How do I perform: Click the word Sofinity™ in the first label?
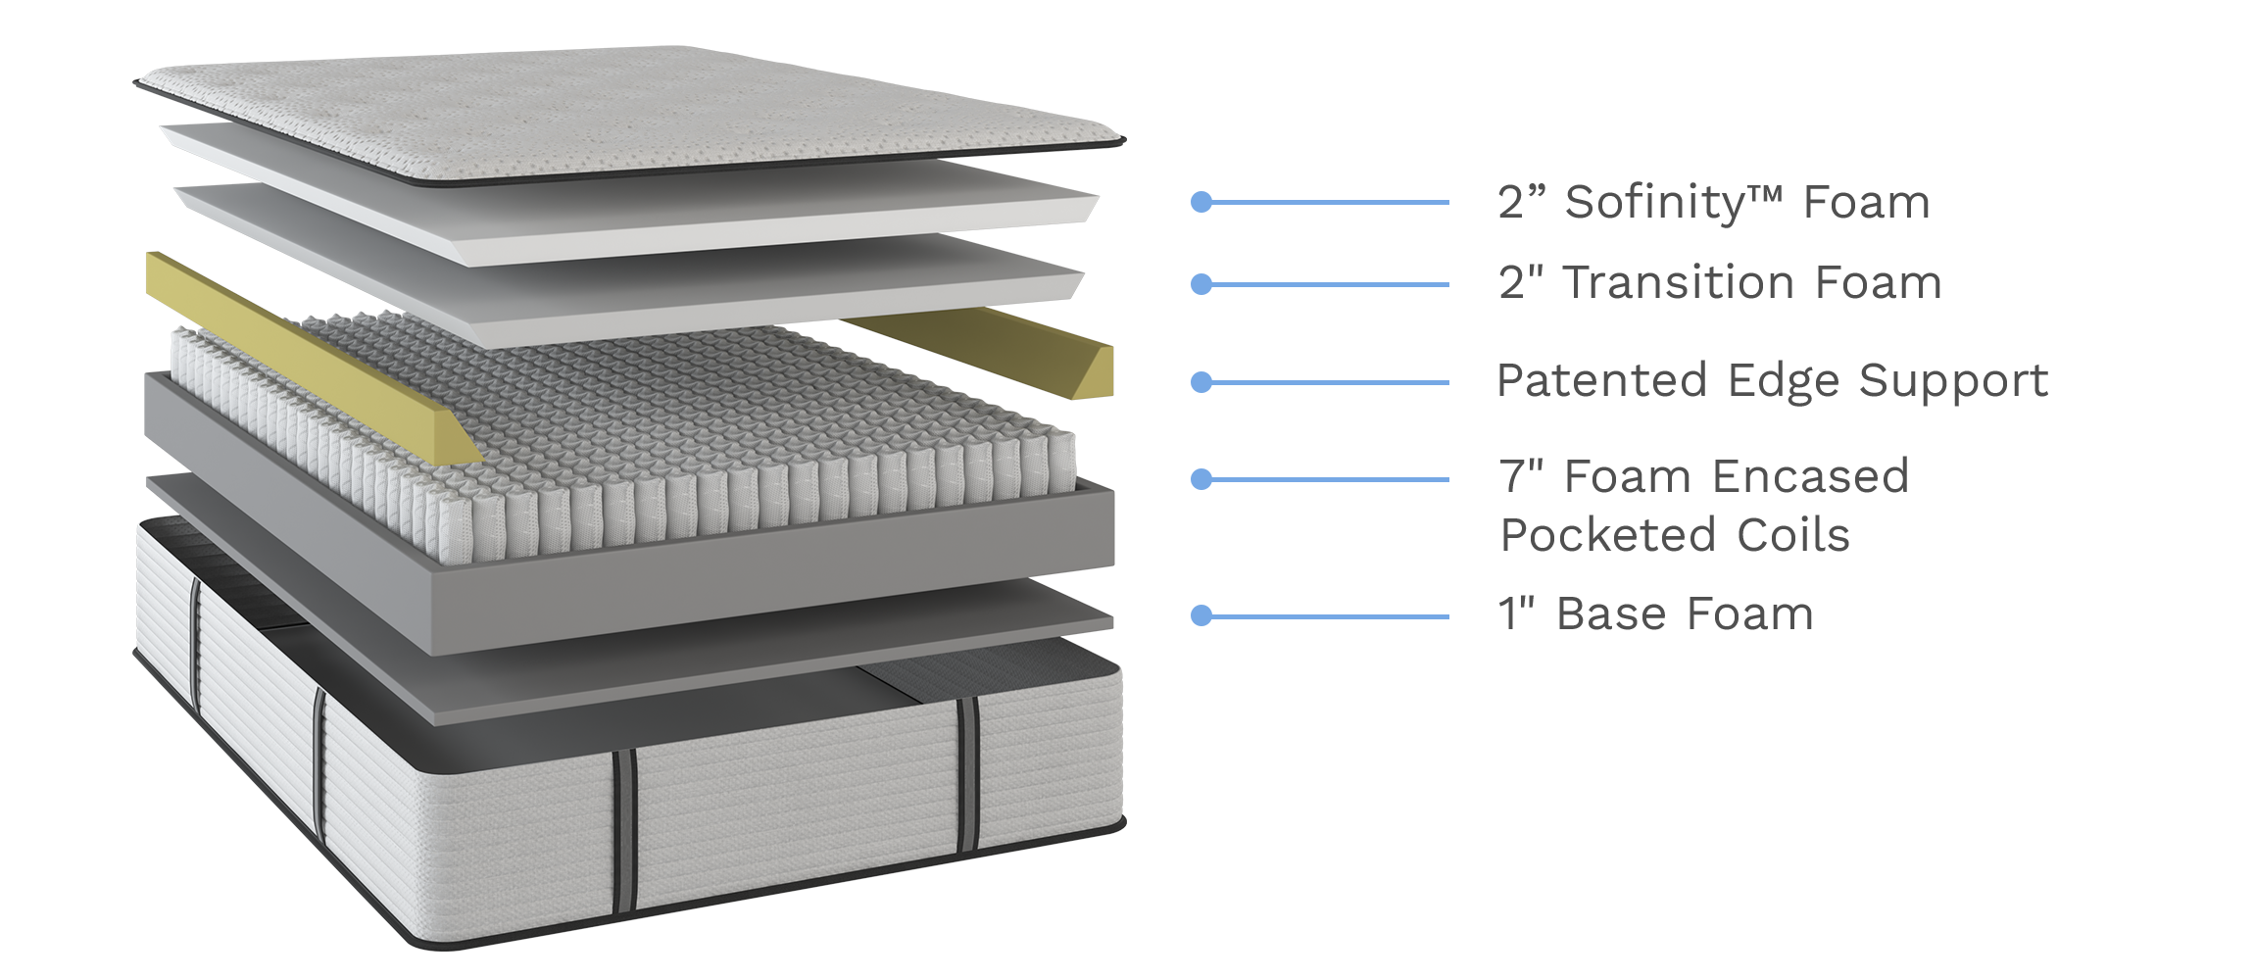[x=1672, y=203]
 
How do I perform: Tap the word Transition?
[x=1679, y=283]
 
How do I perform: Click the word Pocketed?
[x=1607, y=536]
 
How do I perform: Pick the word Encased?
[x=1810, y=477]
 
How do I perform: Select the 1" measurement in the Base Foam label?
[x=1515, y=615]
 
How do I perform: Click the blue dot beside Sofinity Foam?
[x=1201, y=203]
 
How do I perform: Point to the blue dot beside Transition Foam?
[x=1201, y=284]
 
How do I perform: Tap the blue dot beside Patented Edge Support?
[x=1201, y=382]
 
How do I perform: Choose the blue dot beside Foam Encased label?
[x=1201, y=479]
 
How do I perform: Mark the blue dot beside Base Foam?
[x=1201, y=615]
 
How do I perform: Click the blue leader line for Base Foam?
[x=1333, y=616]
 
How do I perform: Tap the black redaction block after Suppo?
[x=2027, y=383]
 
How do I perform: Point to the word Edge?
[x=1784, y=381]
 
